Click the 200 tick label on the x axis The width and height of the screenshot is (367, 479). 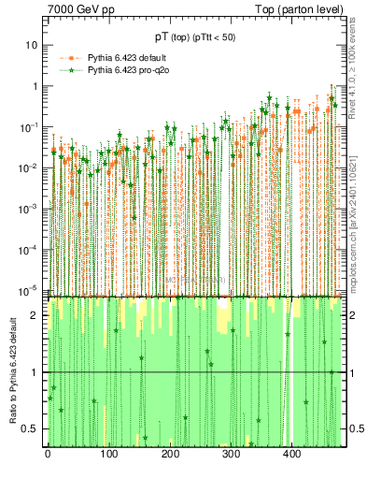169,454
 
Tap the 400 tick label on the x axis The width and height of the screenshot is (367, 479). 290,454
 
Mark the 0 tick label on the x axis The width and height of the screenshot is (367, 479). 48,454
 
